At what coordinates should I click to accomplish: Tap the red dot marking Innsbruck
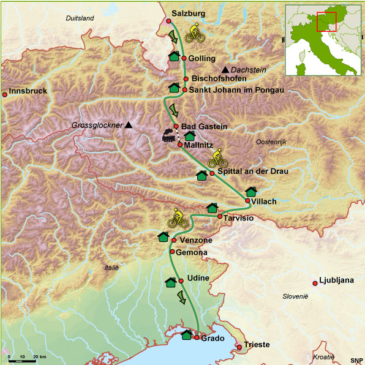pos(5,94)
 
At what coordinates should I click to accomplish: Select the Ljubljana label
pos(337,281)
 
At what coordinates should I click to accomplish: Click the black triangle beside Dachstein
pos(226,69)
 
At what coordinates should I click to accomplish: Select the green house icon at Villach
pos(250,192)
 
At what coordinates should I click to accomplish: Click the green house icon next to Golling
pos(174,57)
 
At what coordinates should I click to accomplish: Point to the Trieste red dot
pos(239,347)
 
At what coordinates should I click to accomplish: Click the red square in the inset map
pos(326,21)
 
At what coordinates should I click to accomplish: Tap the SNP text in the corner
pos(356,359)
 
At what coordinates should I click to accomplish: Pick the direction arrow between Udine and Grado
pos(182,298)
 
